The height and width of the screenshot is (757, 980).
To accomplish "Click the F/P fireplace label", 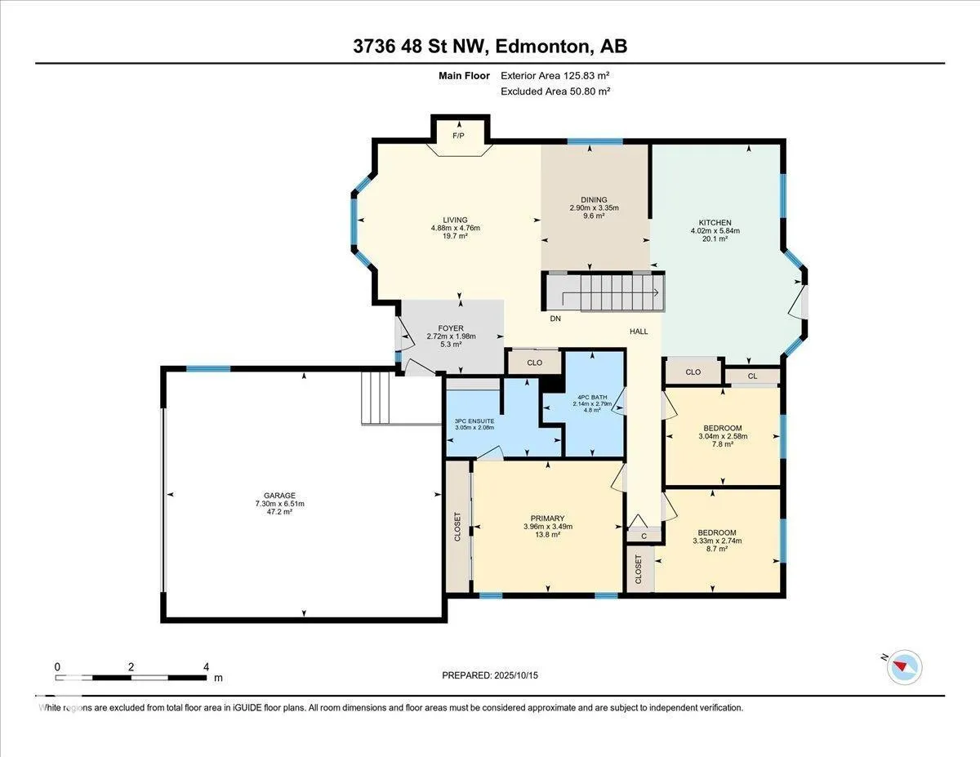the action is pos(458,136).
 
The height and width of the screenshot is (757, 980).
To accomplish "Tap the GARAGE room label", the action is pos(279,496).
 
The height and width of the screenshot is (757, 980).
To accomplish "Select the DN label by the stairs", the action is pos(555,318).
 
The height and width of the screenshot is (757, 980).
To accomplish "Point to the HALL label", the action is pos(639,332).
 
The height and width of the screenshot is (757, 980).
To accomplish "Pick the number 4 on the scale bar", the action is pos(206,667).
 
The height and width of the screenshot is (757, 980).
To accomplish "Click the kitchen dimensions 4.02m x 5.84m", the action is pos(715,231).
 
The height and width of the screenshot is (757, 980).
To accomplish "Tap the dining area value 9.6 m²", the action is pos(594,216).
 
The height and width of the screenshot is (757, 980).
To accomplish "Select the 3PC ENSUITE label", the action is pos(474,421).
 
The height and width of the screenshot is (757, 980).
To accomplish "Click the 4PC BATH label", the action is pos(592,398).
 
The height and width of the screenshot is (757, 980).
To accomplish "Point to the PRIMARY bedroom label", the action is pos(547,519).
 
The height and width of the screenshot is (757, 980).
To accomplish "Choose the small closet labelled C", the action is pos(644,536).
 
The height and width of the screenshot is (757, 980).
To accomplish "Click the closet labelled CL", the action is pos(752,376).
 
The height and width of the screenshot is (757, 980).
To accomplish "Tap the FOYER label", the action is pos(451,328).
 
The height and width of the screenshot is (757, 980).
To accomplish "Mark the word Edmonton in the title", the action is pos(543,47).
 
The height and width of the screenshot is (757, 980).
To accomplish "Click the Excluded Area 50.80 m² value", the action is pos(555,91).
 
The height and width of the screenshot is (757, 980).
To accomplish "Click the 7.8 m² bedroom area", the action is pos(723,444).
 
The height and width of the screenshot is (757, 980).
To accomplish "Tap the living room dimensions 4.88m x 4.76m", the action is pos(456,228).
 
